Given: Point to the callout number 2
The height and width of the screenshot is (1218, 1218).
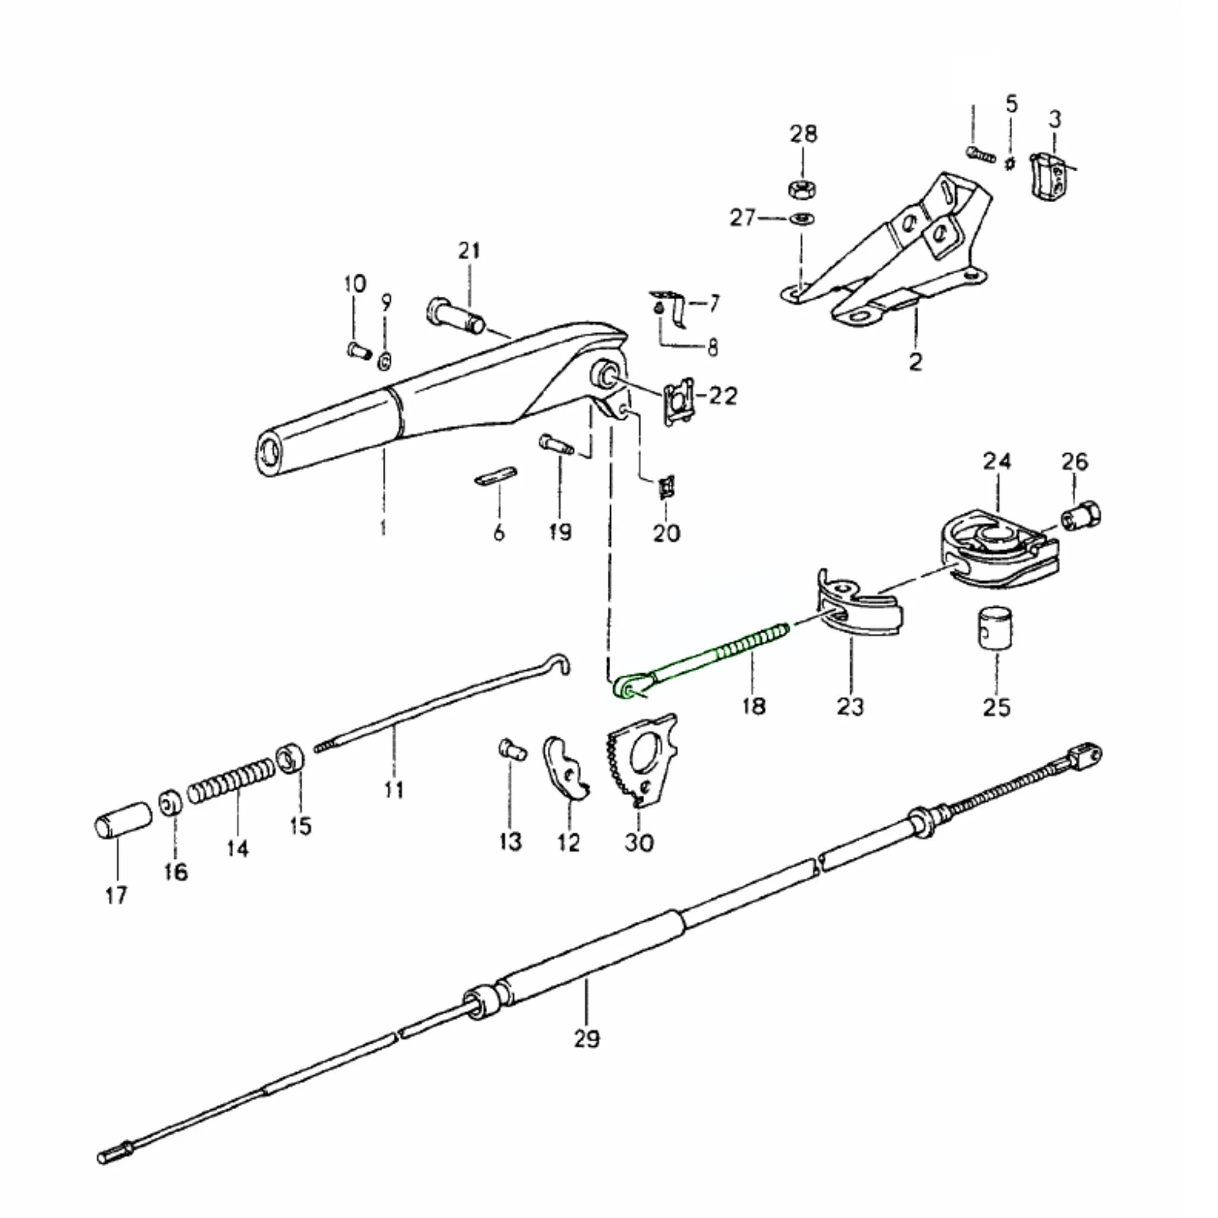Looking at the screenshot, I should pyautogui.click(x=915, y=361).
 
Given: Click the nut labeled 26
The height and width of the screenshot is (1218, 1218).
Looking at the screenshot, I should pyautogui.click(x=1081, y=517).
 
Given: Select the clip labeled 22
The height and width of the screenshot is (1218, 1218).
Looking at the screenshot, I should pyautogui.click(x=679, y=401).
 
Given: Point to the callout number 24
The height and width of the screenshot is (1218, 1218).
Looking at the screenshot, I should pyautogui.click(x=997, y=461).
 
